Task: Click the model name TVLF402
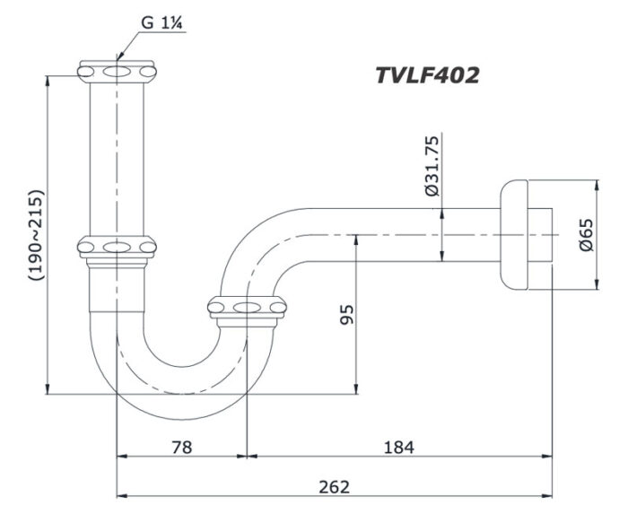pos(427,74)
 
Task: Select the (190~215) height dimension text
pos(35,236)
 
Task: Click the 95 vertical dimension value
pos(345,314)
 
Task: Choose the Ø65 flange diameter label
pos(585,235)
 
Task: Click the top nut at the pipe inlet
pos(117,70)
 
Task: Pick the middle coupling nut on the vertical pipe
pos(117,246)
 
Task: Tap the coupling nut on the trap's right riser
pos(247,309)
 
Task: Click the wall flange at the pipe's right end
pos(515,235)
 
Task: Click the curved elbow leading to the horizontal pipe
pos(260,242)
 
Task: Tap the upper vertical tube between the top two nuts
pos(117,157)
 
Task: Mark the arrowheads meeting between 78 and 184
pos(247,456)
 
